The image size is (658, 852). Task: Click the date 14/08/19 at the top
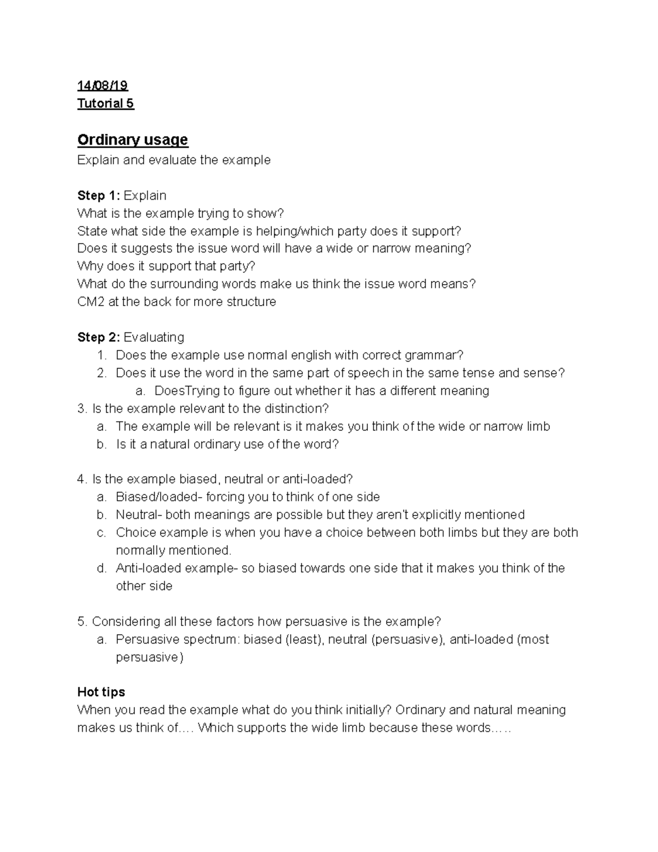(x=103, y=86)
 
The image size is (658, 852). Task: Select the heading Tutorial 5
(x=106, y=104)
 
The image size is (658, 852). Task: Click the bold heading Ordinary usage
(x=133, y=140)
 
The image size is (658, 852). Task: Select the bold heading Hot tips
(x=101, y=692)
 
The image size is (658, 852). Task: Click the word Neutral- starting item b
(x=139, y=515)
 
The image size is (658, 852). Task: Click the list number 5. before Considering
(x=83, y=622)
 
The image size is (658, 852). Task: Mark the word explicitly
(x=437, y=515)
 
